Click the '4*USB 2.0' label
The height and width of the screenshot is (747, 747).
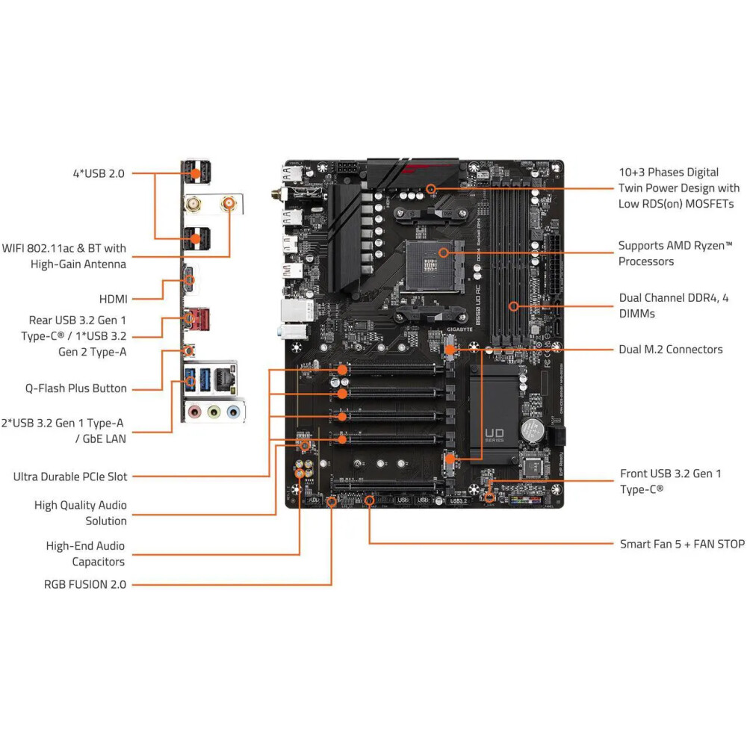pos(98,173)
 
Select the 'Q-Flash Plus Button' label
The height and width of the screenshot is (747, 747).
pos(76,388)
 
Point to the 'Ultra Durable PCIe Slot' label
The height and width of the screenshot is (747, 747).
pos(70,476)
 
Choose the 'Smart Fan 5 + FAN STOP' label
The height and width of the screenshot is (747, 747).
pos(682,544)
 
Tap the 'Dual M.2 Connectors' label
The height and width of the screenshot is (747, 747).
pos(670,349)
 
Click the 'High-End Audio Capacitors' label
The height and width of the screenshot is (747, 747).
pos(85,554)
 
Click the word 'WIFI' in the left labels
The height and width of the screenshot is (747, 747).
pos(16,248)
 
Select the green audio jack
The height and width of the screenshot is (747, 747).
pos(214,411)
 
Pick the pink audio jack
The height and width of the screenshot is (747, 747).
pos(194,411)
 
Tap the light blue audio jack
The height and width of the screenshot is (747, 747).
pos(233,411)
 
